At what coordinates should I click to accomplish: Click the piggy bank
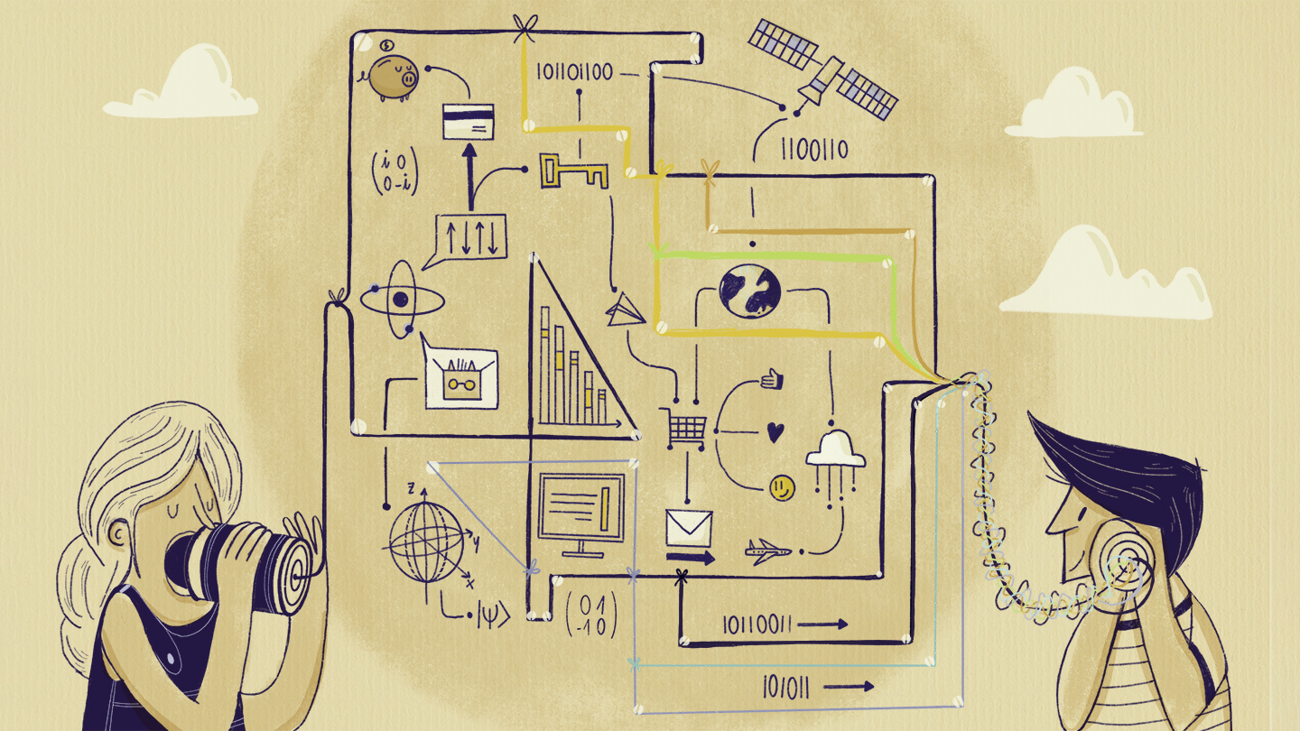(x=394, y=76)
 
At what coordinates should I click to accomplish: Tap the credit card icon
(x=468, y=121)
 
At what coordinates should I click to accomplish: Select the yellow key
(x=572, y=171)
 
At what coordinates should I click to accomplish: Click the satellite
(x=822, y=73)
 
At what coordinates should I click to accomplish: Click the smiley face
(x=782, y=488)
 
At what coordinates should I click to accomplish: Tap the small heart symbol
(x=774, y=432)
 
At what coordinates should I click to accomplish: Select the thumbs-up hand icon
(x=772, y=378)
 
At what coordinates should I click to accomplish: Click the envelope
(x=689, y=528)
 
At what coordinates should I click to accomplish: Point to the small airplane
(x=767, y=549)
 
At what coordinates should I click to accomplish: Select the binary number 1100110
(x=814, y=148)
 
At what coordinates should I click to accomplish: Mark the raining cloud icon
(x=835, y=455)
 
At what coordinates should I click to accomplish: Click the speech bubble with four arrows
(x=470, y=236)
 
